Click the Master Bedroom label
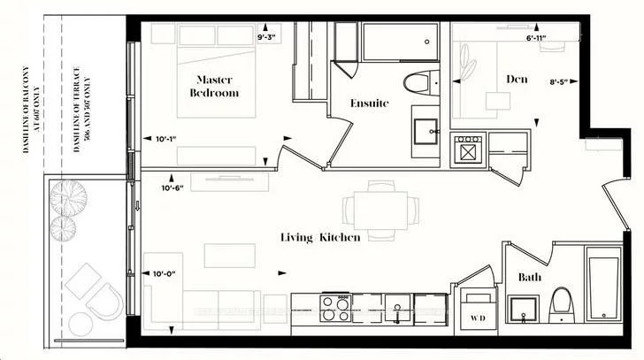(215, 86)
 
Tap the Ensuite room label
(369, 103)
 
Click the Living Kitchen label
(319, 237)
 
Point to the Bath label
(530, 278)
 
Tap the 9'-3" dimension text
(268, 38)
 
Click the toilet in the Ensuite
(417, 85)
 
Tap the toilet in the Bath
(560, 306)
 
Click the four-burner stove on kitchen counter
(335, 307)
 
